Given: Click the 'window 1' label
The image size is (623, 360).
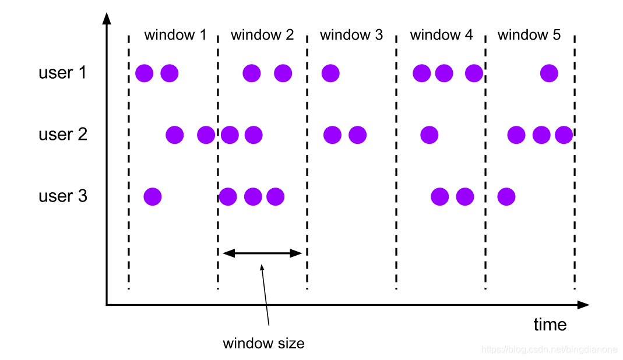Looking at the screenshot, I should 175,35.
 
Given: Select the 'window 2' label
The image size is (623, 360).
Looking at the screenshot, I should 262,35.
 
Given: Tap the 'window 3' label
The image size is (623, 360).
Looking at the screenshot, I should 351,35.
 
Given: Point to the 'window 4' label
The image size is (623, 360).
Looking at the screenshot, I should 441,35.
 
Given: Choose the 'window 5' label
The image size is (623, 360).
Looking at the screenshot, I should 529,35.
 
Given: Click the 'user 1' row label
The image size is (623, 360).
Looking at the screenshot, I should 62,73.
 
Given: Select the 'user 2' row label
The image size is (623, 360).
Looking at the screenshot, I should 63,135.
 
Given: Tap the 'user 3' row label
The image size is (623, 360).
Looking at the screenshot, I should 63,196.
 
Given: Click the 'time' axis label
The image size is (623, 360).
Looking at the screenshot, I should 550,324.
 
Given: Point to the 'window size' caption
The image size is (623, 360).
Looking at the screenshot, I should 263,343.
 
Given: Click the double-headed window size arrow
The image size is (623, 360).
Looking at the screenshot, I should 263,253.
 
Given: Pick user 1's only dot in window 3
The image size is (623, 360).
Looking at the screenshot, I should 330,73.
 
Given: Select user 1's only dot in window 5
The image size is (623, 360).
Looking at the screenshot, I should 549,73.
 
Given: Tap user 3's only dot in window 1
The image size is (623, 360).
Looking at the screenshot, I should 152,197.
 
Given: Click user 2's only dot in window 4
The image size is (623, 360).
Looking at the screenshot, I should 430,135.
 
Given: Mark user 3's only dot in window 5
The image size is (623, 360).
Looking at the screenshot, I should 506,197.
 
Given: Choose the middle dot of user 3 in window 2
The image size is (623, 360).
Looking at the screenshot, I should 253,197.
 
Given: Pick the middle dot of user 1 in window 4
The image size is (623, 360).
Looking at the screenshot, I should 444,73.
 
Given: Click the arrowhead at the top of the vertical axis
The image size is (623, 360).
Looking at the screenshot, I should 107,17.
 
